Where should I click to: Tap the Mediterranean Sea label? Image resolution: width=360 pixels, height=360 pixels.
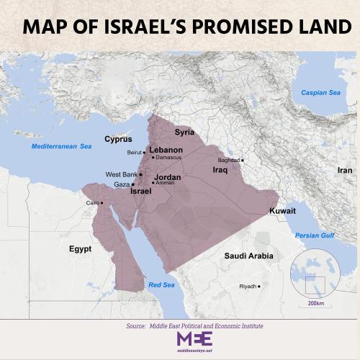click(x=61, y=146)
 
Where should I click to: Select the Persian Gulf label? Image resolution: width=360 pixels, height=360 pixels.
click(x=315, y=235)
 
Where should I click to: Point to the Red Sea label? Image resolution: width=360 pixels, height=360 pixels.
click(x=161, y=285)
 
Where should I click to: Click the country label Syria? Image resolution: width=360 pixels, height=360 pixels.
click(x=185, y=132)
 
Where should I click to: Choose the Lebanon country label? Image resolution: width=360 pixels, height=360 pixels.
click(x=166, y=150)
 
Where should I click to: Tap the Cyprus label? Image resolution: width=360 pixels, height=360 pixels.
click(x=118, y=139)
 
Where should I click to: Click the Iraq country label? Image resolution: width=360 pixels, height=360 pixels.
click(x=220, y=170)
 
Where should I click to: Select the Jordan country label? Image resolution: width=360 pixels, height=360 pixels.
click(x=167, y=176)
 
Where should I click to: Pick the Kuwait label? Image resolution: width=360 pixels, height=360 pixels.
click(x=282, y=211)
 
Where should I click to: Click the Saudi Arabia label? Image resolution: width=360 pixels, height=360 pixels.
click(x=248, y=256)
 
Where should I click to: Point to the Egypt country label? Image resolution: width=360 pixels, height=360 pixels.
click(x=81, y=248)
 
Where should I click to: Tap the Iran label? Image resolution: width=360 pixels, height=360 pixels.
click(x=345, y=171)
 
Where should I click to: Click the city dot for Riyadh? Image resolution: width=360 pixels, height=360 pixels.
click(x=259, y=286)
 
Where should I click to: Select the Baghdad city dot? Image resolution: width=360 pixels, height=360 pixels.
click(x=243, y=160)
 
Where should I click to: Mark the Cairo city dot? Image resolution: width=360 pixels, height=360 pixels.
click(x=102, y=203)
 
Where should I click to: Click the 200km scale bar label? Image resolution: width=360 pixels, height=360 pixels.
click(x=315, y=304)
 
